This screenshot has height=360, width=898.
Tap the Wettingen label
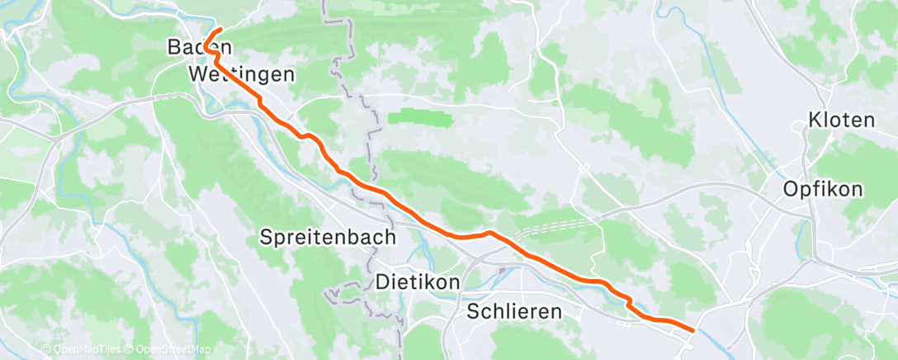click(242, 74)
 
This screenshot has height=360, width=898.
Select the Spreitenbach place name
click(328, 237)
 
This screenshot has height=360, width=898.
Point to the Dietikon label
click(417, 282)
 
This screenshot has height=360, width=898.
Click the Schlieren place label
click(514, 311)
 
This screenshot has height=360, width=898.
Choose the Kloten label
click(841, 120)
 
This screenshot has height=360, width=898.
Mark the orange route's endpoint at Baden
click(221, 31)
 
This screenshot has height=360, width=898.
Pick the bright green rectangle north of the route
click(420, 119)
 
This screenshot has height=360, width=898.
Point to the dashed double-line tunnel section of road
click(553, 225)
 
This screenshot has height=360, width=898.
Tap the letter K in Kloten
click(815, 120)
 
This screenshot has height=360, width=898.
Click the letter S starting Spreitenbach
click(266, 237)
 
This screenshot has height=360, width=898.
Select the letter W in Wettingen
click(198, 74)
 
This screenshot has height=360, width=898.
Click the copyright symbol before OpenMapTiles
click(46, 350)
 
